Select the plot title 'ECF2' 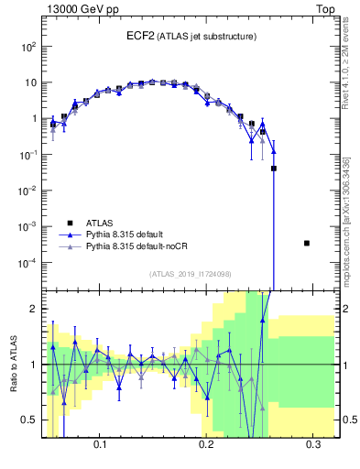tap(142, 36)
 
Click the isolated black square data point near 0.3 tap(306, 243)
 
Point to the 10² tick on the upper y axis tap(28, 46)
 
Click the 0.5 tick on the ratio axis tap(29, 420)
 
